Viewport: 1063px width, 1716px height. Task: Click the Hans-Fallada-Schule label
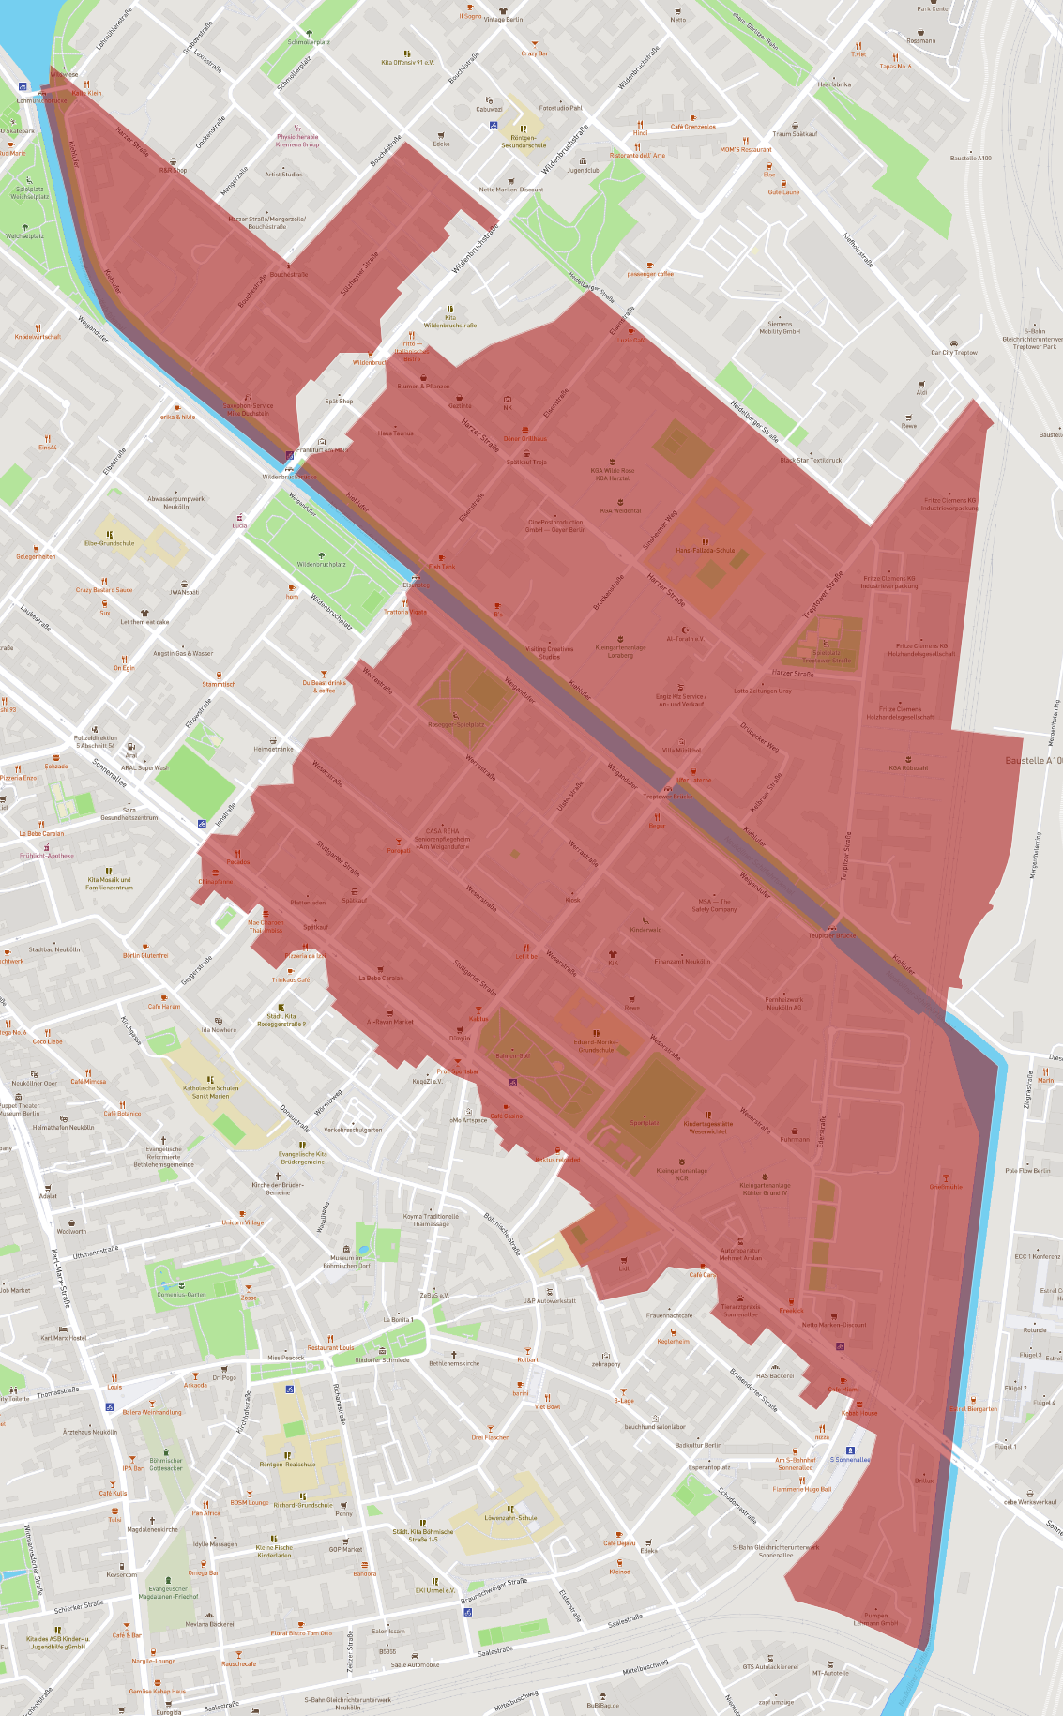pos(706,551)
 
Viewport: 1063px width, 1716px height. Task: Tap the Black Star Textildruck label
pos(811,460)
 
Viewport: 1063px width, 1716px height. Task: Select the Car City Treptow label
pos(953,353)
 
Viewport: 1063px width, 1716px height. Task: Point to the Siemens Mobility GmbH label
pos(780,327)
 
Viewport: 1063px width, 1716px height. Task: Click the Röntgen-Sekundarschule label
pos(524,142)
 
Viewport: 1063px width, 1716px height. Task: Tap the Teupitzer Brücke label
pos(831,935)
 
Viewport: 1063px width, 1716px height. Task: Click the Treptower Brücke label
pos(668,797)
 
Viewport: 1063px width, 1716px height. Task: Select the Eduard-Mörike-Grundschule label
pos(596,1046)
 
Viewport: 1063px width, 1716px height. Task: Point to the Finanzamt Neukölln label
pos(682,961)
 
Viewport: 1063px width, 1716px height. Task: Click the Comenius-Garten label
pos(181,1294)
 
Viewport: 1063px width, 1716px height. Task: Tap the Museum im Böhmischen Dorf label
pos(346,1261)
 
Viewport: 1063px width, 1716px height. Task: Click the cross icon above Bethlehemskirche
pos(454,1355)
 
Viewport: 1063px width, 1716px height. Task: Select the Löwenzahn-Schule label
pos(510,1517)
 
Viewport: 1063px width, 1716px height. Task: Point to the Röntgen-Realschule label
pos(287,1464)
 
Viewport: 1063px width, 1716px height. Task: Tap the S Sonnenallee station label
pos(850,1459)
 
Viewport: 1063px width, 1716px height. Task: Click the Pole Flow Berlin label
pos(1027,1170)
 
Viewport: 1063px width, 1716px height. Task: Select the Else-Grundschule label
pos(110,543)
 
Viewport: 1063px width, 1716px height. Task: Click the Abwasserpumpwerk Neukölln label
pos(175,502)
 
